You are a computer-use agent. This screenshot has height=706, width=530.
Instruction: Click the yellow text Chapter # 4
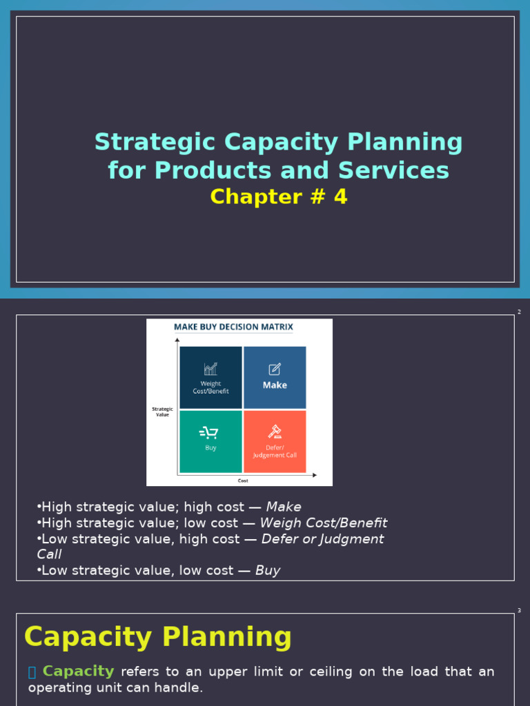[279, 197]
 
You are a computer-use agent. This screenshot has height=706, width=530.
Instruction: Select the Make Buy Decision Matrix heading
[233, 327]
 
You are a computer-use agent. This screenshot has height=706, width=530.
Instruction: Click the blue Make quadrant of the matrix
[275, 378]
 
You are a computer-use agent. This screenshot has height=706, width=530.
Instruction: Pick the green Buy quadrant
[210, 441]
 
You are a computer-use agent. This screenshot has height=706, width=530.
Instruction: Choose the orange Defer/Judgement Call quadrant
[275, 441]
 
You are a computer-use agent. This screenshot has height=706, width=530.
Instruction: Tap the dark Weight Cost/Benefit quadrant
[210, 378]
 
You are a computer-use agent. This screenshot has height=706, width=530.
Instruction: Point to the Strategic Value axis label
[162, 412]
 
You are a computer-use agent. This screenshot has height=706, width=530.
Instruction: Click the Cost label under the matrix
[243, 481]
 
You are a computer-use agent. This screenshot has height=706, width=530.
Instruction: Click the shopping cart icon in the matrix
[208, 432]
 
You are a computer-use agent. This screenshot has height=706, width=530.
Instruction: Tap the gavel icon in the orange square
[275, 432]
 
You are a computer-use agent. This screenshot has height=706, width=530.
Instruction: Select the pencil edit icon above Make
[275, 369]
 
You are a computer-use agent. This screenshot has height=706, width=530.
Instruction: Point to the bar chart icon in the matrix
[210, 369]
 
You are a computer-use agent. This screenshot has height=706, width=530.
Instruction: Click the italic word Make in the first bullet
[284, 507]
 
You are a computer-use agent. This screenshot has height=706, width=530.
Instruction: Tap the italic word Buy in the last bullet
[268, 571]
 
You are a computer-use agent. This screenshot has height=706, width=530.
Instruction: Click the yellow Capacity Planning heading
[158, 637]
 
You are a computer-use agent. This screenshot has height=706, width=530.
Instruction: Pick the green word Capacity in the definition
[78, 672]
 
